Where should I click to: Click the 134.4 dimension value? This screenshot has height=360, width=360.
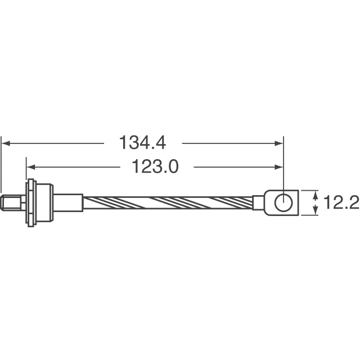(142, 143)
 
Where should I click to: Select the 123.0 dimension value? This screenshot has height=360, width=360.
(155, 166)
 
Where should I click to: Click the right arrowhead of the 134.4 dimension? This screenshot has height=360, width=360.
(278, 143)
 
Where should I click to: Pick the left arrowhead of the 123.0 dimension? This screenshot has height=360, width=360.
(31, 166)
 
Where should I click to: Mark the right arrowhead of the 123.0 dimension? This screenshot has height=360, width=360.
(278, 166)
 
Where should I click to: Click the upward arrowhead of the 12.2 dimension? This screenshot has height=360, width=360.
(314, 194)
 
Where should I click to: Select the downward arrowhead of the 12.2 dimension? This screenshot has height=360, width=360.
(314, 211)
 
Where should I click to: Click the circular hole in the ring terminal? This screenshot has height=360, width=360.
(282, 202)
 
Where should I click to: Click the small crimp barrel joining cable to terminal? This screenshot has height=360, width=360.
(258, 202)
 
